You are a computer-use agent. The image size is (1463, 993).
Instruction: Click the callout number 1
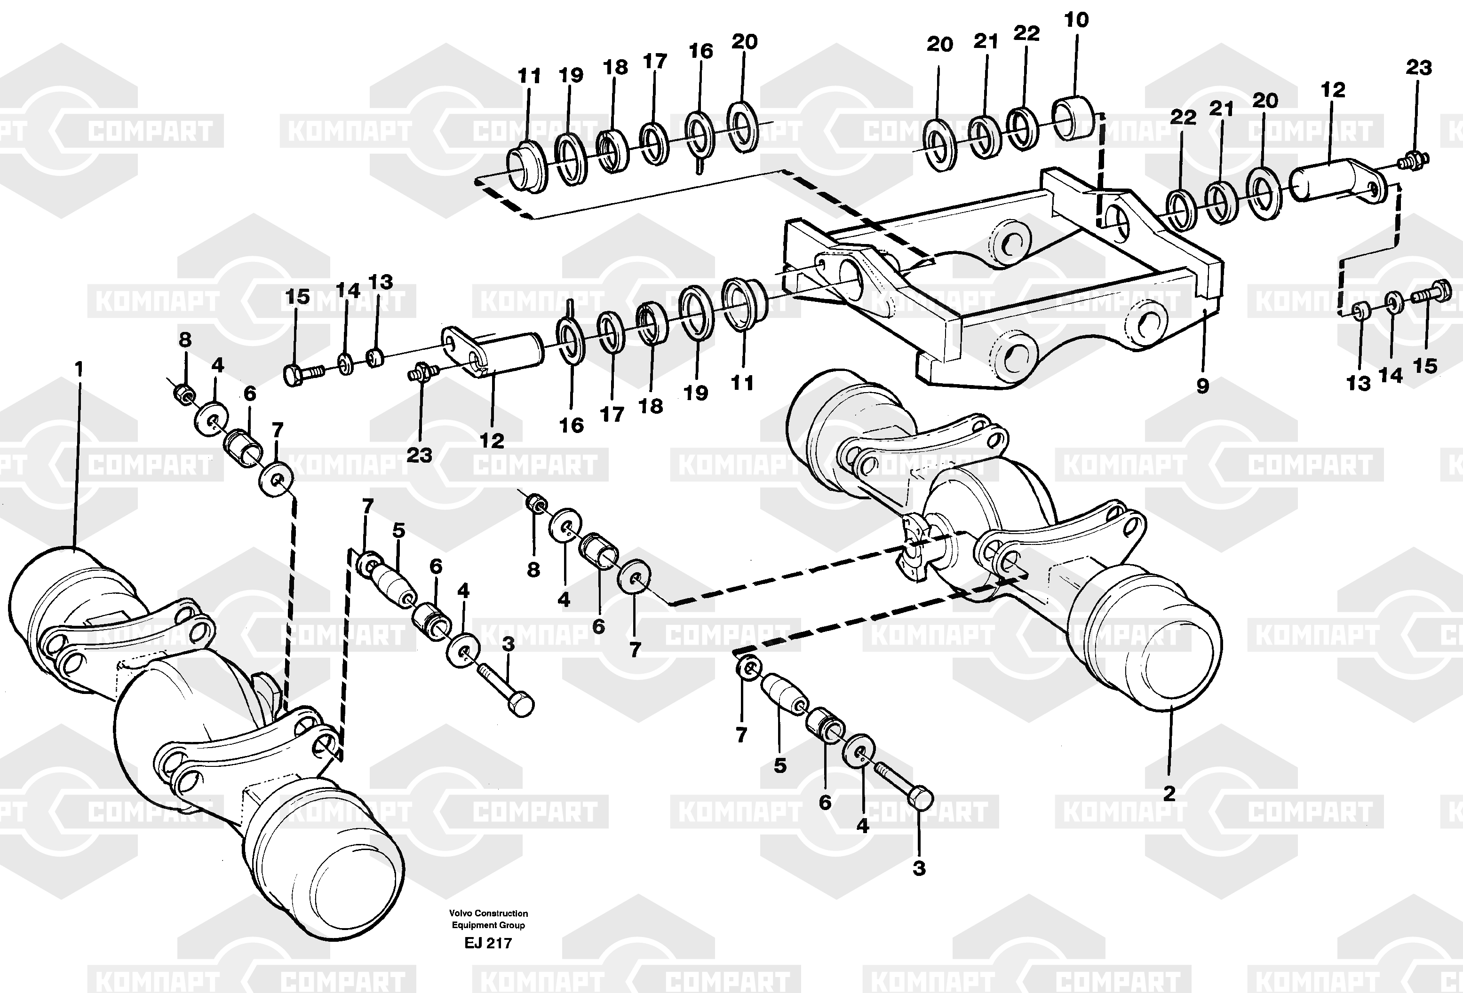pos(79,370)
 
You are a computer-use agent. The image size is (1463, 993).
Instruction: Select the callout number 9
pos(1202,386)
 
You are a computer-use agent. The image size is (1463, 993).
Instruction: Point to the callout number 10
pos(1076,20)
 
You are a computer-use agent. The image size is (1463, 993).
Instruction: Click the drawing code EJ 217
pos(488,943)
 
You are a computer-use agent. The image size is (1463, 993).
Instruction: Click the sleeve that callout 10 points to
pos(1074,118)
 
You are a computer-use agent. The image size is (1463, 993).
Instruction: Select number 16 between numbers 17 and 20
pos(700,51)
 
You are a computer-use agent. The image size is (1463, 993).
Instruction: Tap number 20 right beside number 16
pos(744,41)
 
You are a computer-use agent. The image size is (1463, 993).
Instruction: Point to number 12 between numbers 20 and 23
pos(1333,90)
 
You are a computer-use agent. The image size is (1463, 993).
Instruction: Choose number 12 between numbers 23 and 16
pos(492,441)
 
